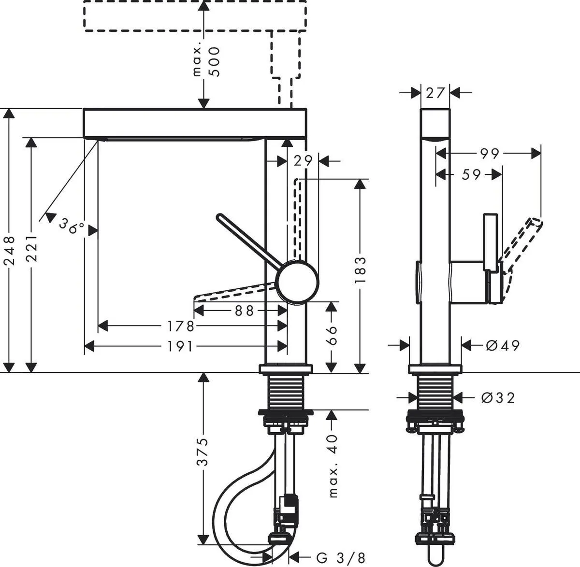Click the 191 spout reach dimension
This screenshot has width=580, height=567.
179,346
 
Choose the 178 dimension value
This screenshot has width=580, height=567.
180,327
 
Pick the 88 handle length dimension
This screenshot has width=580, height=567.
244,311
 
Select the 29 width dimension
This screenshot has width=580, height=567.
304,160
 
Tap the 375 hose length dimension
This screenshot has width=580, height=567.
204,452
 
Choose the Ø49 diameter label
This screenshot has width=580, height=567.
502,345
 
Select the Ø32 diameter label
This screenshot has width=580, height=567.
498,397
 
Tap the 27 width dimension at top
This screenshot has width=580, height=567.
435,92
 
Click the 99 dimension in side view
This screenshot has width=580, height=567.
489,154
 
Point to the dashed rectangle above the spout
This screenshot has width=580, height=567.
195,16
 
